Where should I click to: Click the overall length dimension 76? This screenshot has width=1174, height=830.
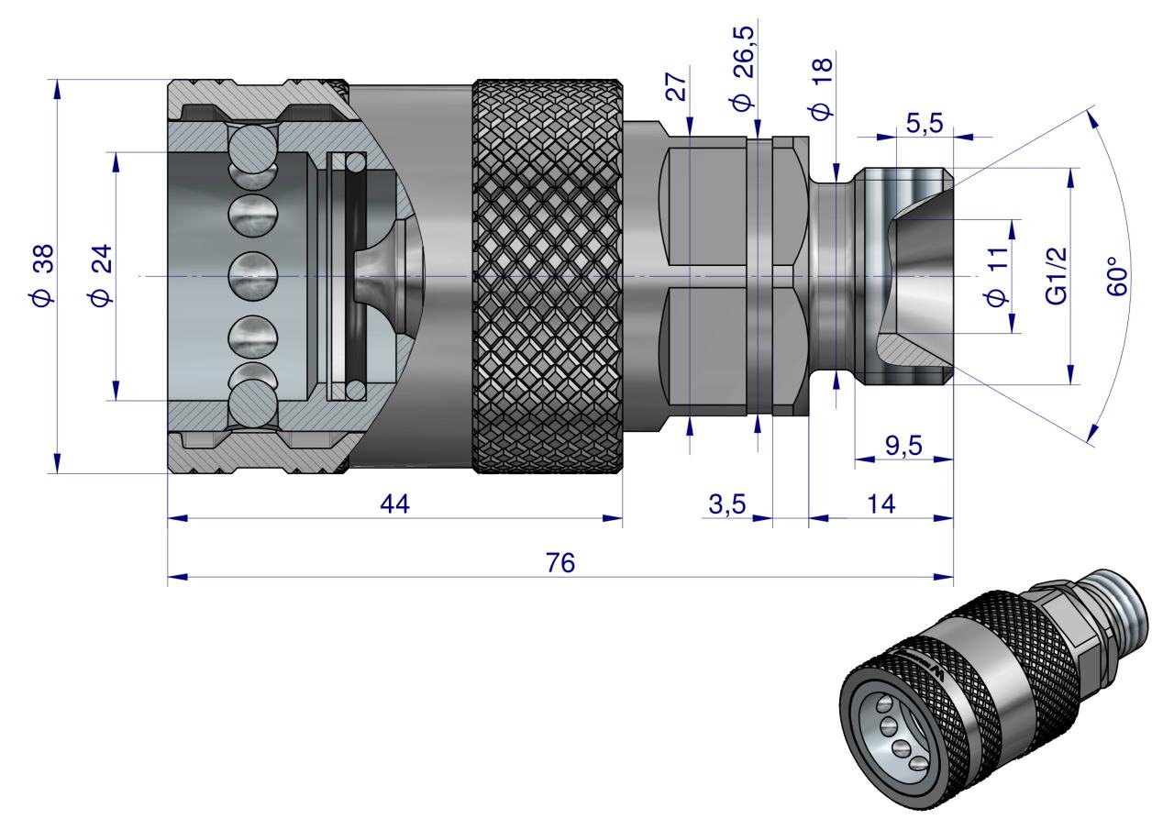(x=559, y=563)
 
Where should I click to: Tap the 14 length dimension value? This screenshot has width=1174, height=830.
(x=880, y=504)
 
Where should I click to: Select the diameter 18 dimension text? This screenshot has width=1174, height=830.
(x=821, y=88)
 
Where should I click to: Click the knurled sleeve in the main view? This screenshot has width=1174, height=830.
(x=548, y=275)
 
